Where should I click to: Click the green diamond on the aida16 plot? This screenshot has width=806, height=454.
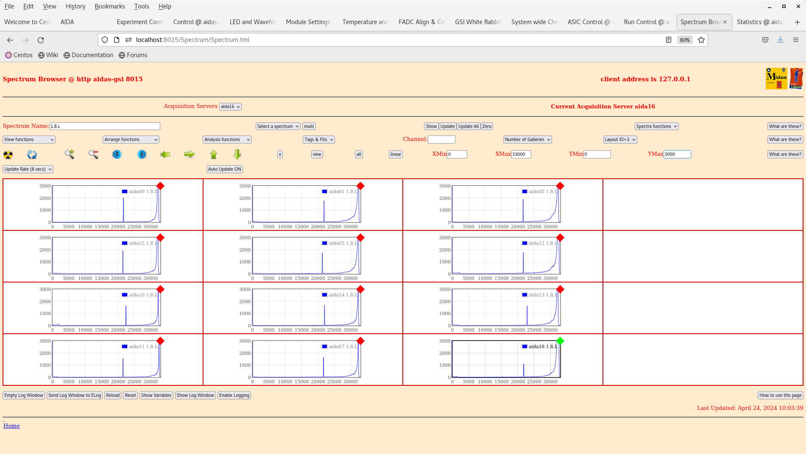(560, 341)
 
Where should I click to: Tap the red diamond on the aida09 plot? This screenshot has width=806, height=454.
(160, 186)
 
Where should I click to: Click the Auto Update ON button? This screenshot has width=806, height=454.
(225, 169)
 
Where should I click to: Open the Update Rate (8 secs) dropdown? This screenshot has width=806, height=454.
(28, 169)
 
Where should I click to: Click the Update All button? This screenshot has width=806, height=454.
(469, 126)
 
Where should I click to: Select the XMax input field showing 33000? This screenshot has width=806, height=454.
(521, 154)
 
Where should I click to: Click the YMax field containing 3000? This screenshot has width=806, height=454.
(677, 154)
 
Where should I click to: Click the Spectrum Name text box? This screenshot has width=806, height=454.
(105, 126)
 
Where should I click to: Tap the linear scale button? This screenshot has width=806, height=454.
(396, 154)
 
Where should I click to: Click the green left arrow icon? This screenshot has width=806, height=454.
(165, 155)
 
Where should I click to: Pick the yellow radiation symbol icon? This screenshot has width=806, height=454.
(8, 155)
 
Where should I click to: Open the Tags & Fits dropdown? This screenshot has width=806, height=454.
(319, 139)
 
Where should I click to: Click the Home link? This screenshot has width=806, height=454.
(11, 426)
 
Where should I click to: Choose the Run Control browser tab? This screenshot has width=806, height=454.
(647, 22)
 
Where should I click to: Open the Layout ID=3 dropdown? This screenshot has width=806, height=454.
(620, 139)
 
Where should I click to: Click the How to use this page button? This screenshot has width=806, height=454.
(780, 395)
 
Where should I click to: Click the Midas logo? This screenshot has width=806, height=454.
(776, 78)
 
